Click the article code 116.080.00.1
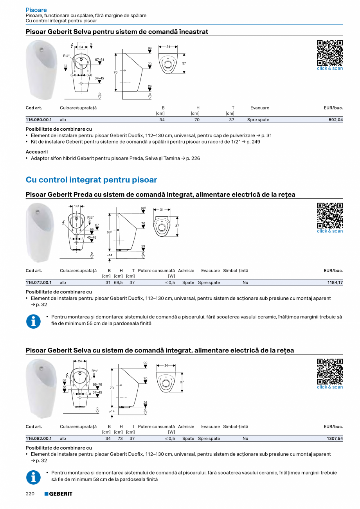tap(39, 120)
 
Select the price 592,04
tap(335, 120)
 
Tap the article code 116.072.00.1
tap(39, 282)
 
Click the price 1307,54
tap(335, 439)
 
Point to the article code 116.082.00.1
tap(39, 439)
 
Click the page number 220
tap(30, 494)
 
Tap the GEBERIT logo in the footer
tap(58, 494)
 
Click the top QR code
tap(329, 52)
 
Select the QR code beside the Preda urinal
tap(329, 215)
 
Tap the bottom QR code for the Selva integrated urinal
tap(329, 371)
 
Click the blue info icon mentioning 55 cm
tap(33, 321)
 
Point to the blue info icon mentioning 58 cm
tap(33, 477)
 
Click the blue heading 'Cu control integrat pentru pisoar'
tap(91, 180)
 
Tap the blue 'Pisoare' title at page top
tap(36, 10)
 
